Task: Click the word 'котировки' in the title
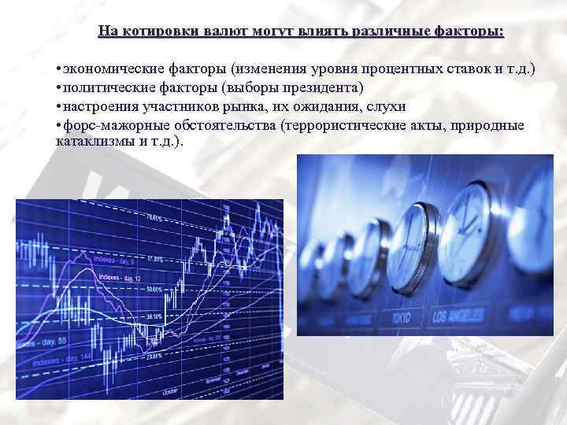(x=166, y=31)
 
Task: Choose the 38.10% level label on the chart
(x=154, y=316)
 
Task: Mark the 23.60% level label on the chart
(x=154, y=355)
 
